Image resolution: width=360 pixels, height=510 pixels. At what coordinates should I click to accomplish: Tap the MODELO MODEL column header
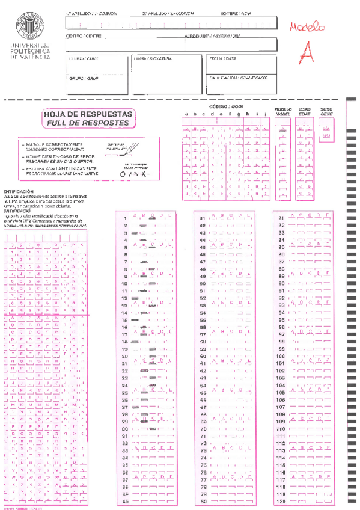tap(282, 111)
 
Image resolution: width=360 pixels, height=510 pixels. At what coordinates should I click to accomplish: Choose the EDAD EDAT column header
tap(305, 111)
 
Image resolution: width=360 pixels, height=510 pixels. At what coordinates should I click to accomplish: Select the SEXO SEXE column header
tap(327, 111)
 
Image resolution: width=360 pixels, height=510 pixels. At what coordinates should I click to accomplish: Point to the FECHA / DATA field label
tap(222, 59)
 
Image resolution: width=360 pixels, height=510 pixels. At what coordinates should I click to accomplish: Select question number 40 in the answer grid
tap(125, 501)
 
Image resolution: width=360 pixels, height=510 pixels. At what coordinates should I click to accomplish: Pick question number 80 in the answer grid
tap(203, 501)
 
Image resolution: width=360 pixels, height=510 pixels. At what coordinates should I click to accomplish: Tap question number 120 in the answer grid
tap(281, 501)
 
